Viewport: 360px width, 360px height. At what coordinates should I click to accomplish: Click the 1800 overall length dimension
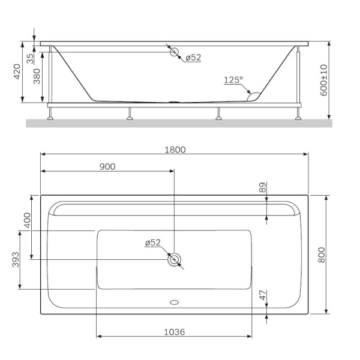click(175, 150)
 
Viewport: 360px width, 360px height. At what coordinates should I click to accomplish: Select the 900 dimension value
click(107, 166)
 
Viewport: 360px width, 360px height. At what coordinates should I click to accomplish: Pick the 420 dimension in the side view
click(17, 72)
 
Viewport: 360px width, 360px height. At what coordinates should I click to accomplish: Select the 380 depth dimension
click(37, 77)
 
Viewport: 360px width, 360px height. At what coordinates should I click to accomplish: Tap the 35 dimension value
click(29, 59)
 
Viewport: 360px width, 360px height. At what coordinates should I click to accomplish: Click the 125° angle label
click(233, 80)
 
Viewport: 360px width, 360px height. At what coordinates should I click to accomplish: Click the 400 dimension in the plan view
click(26, 220)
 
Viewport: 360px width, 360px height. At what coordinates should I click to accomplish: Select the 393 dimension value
click(16, 259)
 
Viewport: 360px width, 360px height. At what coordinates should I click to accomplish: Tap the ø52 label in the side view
click(193, 58)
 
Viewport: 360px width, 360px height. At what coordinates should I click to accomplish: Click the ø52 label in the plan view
click(152, 242)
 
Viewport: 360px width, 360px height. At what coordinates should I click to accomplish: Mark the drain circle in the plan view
click(175, 260)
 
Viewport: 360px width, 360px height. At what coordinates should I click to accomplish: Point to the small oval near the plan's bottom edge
click(175, 302)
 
